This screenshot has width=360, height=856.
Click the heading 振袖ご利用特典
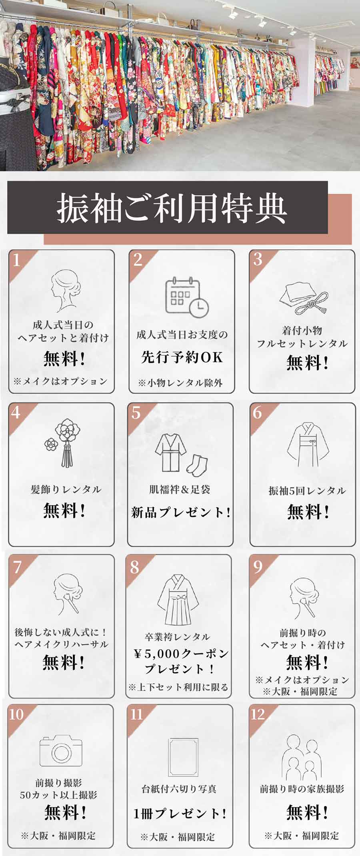pyautogui.click(x=172, y=208)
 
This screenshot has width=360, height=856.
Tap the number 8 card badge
pyautogui.click(x=135, y=567)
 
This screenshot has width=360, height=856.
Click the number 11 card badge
pyautogui.click(x=137, y=714)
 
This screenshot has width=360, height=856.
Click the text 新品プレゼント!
pyautogui.click(x=181, y=512)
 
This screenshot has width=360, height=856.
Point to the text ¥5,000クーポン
pyautogui.click(x=181, y=653)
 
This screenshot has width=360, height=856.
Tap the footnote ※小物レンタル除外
pyautogui.click(x=180, y=383)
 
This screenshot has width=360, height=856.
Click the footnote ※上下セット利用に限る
pyautogui.click(x=178, y=687)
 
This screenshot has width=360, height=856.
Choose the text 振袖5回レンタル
pyautogui.click(x=307, y=491)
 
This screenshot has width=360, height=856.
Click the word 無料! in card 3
pyautogui.click(x=307, y=363)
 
